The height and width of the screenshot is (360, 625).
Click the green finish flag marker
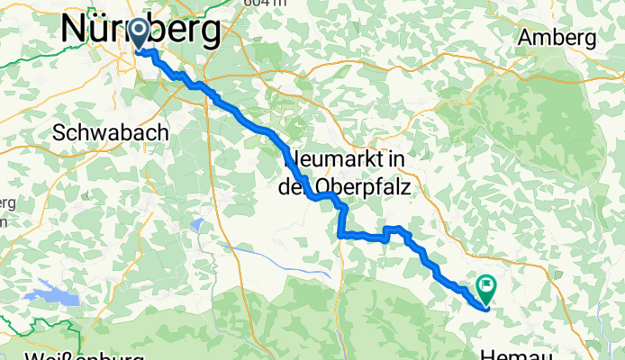[x=486, y=288]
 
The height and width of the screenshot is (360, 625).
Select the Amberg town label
[x=557, y=39]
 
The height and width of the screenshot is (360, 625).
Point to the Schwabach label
[x=111, y=131]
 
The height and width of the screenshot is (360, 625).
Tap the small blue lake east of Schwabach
[x=197, y=222]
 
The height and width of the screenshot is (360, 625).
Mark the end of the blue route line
[x=485, y=308]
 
